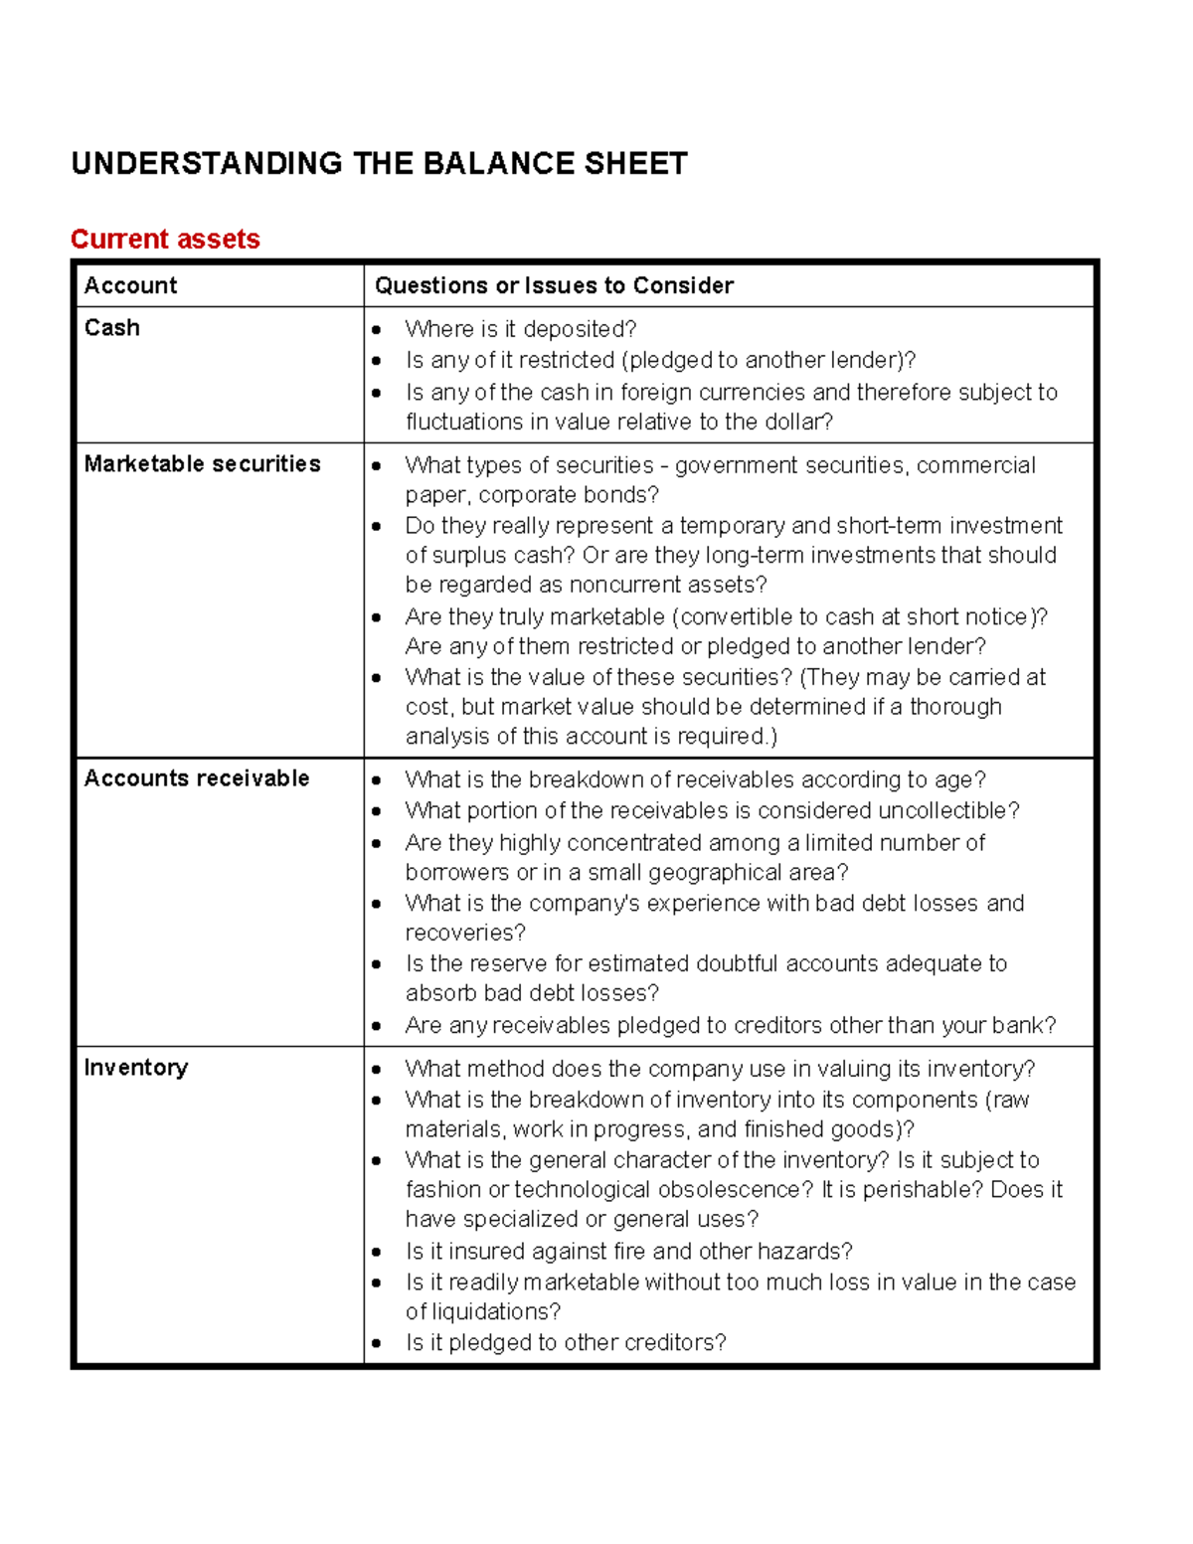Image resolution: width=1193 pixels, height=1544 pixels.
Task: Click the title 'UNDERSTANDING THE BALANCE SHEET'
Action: click(379, 164)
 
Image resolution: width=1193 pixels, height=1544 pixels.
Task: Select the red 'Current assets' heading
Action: click(165, 240)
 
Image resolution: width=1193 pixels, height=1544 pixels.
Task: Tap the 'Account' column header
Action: click(130, 286)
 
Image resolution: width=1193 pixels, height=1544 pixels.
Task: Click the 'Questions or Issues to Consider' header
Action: click(554, 286)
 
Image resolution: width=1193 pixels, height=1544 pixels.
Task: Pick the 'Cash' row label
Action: click(111, 328)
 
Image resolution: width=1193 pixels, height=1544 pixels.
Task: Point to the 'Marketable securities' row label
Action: click(202, 464)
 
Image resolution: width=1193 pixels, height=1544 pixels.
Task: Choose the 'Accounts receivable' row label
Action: click(196, 778)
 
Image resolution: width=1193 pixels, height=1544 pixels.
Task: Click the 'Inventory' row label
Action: click(135, 1068)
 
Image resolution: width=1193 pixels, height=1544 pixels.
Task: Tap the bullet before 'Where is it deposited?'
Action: click(377, 330)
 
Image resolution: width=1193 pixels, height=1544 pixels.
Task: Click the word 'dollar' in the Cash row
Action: click(794, 423)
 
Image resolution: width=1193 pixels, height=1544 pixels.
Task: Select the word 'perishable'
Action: click(915, 1190)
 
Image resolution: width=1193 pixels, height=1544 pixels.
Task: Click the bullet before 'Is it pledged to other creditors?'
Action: click(377, 1343)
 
